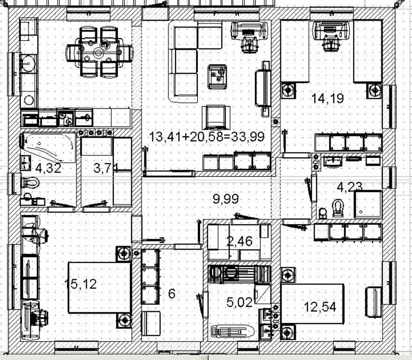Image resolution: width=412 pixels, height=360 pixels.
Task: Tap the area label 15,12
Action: pos(81,284)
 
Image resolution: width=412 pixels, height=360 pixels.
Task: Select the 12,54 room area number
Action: pos(320,307)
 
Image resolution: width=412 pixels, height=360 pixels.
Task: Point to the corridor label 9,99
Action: pos(226,199)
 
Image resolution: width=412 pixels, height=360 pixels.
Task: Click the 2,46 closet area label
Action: pos(239,241)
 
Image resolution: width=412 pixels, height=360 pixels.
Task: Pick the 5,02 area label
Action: pos(239,302)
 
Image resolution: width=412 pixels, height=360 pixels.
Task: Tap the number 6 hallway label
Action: pos(171,294)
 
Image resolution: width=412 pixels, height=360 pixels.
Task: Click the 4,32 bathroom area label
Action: pos(48,168)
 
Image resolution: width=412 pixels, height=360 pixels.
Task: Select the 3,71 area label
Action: pos(106,168)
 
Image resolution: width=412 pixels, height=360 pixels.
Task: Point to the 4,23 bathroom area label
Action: pos(350,187)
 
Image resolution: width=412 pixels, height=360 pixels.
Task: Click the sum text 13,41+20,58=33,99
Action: pos(207,137)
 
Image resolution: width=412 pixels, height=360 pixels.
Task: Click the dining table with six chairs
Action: pos(99,52)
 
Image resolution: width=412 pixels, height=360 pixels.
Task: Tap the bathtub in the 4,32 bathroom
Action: pos(48,147)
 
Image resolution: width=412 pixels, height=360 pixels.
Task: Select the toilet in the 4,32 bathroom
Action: pos(30,182)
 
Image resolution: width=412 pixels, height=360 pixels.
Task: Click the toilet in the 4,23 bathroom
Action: pos(338,208)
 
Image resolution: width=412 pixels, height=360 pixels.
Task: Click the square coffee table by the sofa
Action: pos(218,77)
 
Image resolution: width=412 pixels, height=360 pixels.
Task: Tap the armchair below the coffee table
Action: pos(216,118)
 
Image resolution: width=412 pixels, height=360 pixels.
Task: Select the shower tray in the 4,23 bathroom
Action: pos(368,204)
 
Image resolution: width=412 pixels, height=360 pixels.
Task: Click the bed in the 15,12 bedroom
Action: pos(99,287)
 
